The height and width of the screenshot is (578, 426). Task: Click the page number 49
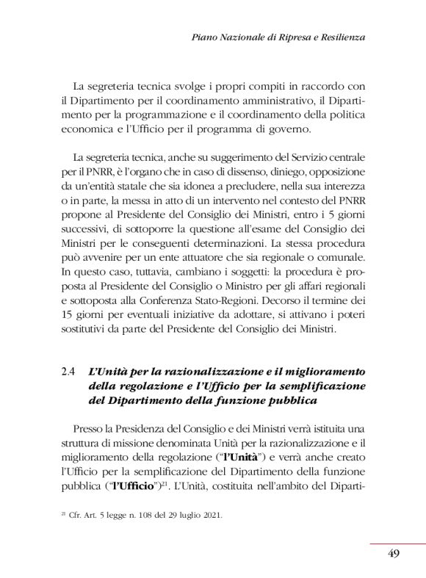(393, 553)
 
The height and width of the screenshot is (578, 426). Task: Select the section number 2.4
(69, 372)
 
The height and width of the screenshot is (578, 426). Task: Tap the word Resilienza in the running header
(341, 36)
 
